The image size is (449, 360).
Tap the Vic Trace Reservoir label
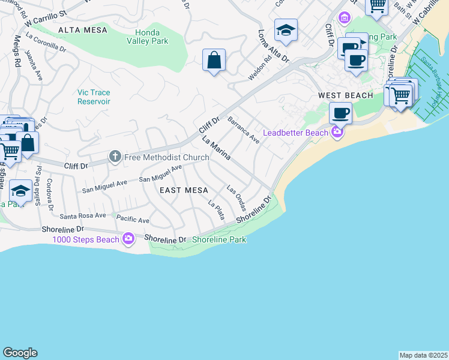[x=94, y=97]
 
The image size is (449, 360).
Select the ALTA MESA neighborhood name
[x=83, y=29]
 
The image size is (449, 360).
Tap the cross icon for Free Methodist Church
[x=115, y=157]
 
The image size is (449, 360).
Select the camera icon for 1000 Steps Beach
[x=128, y=239]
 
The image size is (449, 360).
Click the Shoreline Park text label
[x=219, y=239]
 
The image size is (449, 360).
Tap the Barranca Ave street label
[x=243, y=130]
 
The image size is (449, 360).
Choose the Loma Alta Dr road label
[x=274, y=47]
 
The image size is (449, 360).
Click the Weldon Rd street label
[x=260, y=70]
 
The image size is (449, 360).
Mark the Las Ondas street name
[x=236, y=198]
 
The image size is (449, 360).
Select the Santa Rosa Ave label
[x=83, y=215]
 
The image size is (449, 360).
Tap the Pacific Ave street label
[x=133, y=220]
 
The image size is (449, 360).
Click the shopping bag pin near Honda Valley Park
[x=214, y=61]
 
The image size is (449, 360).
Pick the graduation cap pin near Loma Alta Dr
[x=286, y=31]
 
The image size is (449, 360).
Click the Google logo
[x=20, y=353]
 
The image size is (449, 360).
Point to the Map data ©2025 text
[x=423, y=355]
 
